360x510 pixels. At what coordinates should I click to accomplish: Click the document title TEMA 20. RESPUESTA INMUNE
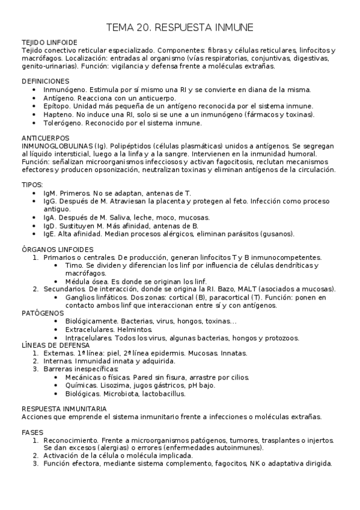[180, 27]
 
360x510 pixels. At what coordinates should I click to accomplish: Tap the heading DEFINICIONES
[45, 81]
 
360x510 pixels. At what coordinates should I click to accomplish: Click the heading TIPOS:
[32, 184]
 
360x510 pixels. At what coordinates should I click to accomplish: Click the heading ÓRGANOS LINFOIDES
[56, 249]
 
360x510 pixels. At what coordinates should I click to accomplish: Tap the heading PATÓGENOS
[42, 313]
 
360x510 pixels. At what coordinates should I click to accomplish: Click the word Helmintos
[126, 330]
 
